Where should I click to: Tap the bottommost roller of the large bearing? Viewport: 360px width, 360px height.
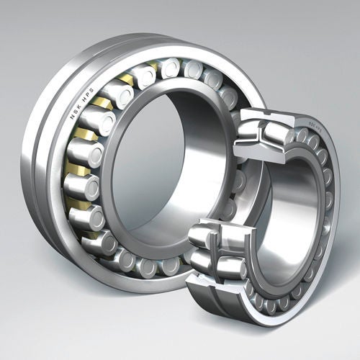coord(148,266)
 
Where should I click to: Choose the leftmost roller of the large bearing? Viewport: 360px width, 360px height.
coord(81,189)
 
